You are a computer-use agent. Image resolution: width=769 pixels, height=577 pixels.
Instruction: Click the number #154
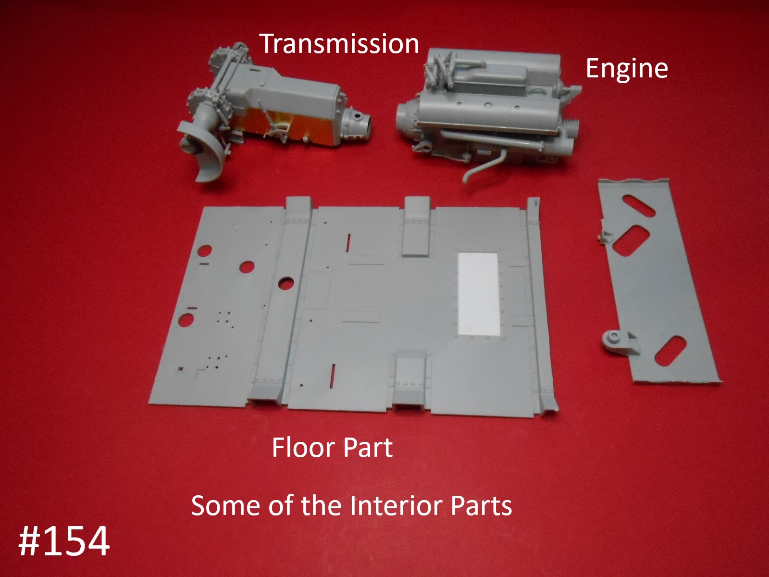point(64,541)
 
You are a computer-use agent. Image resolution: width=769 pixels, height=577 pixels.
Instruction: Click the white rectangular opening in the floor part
point(479,294)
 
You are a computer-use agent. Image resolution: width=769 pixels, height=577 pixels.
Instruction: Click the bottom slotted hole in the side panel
point(670,351)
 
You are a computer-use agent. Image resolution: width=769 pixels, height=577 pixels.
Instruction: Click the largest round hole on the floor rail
point(286,283)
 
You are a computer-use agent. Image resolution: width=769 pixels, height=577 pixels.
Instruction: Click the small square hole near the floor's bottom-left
point(181,368)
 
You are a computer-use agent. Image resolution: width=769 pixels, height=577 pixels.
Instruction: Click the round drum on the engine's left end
point(406,119)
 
